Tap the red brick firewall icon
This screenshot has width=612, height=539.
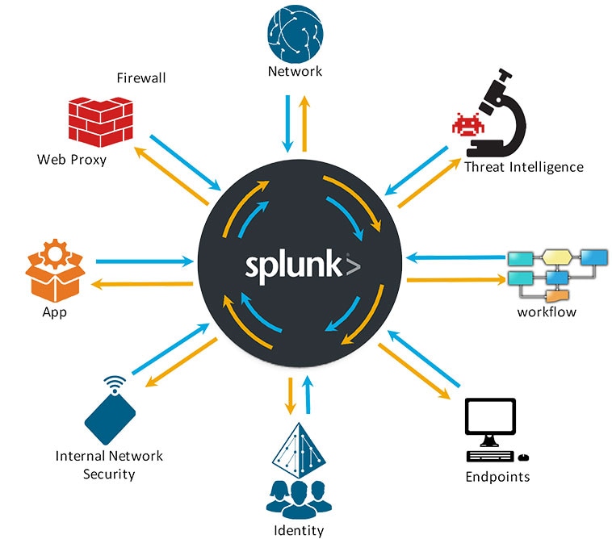coord(100,120)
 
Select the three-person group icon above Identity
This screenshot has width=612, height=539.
coord(296,499)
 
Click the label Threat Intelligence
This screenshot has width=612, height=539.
coord(523,167)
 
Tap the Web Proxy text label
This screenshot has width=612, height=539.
coord(72,159)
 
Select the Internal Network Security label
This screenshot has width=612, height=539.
coord(109,465)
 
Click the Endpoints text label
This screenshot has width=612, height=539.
coord(497,476)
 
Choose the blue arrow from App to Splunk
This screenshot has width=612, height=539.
coord(146,261)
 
